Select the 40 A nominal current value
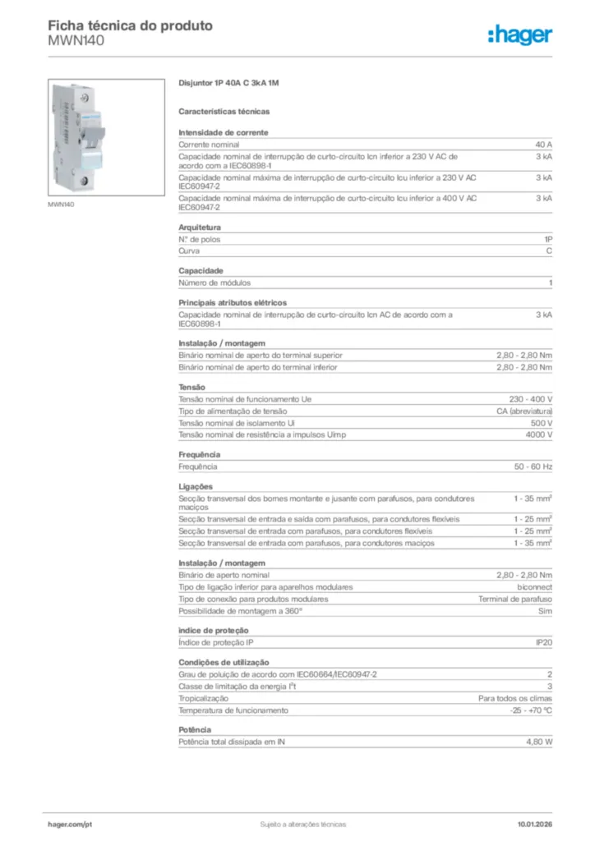(543, 144)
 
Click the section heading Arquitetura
(200, 227)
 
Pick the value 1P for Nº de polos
(548, 239)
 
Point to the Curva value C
(549, 250)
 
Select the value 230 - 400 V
(530, 399)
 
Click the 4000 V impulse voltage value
(538, 434)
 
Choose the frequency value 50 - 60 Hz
(533, 466)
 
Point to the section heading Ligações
(196, 486)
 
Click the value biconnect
(534, 587)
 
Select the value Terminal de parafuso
(515, 599)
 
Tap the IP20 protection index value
(543, 642)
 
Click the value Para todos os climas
(515, 698)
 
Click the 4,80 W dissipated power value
(539, 742)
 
